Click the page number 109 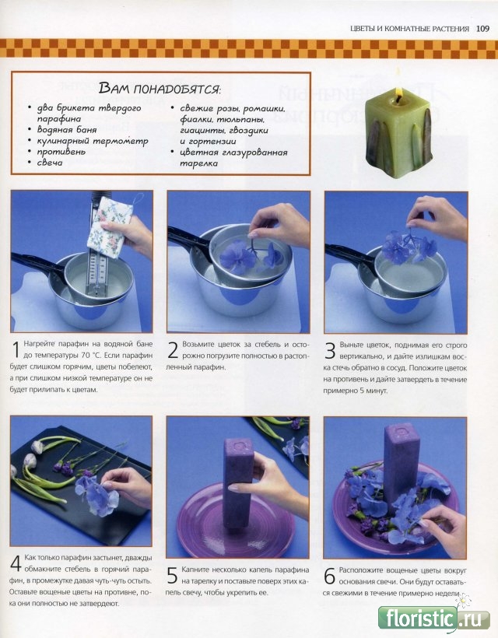point(482,29)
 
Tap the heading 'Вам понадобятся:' point(160,88)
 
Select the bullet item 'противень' point(61,152)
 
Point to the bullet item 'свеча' point(50,163)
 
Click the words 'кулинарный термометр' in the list point(93,141)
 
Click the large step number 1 point(16,350)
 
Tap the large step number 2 point(173,350)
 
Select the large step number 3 point(330,350)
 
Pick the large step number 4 point(16,563)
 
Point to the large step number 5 point(172,575)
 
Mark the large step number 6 point(329,575)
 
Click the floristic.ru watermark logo point(434,619)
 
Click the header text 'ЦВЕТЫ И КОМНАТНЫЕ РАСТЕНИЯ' point(409,29)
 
